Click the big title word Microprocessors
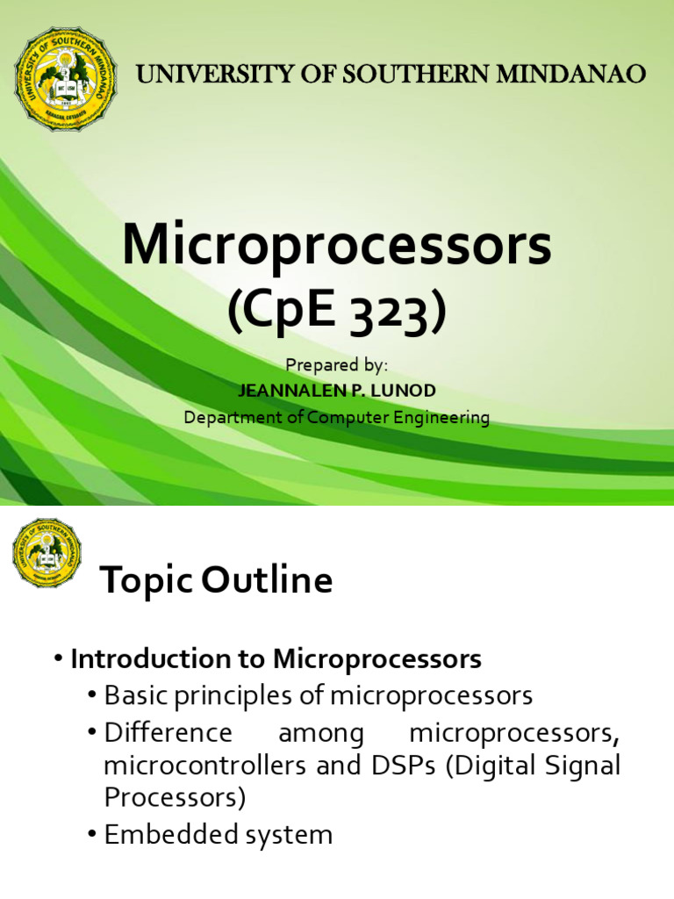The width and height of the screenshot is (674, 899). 337,246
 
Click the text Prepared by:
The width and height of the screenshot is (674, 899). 337,364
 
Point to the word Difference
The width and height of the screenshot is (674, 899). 168,732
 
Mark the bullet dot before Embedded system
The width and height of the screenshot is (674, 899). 91,835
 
